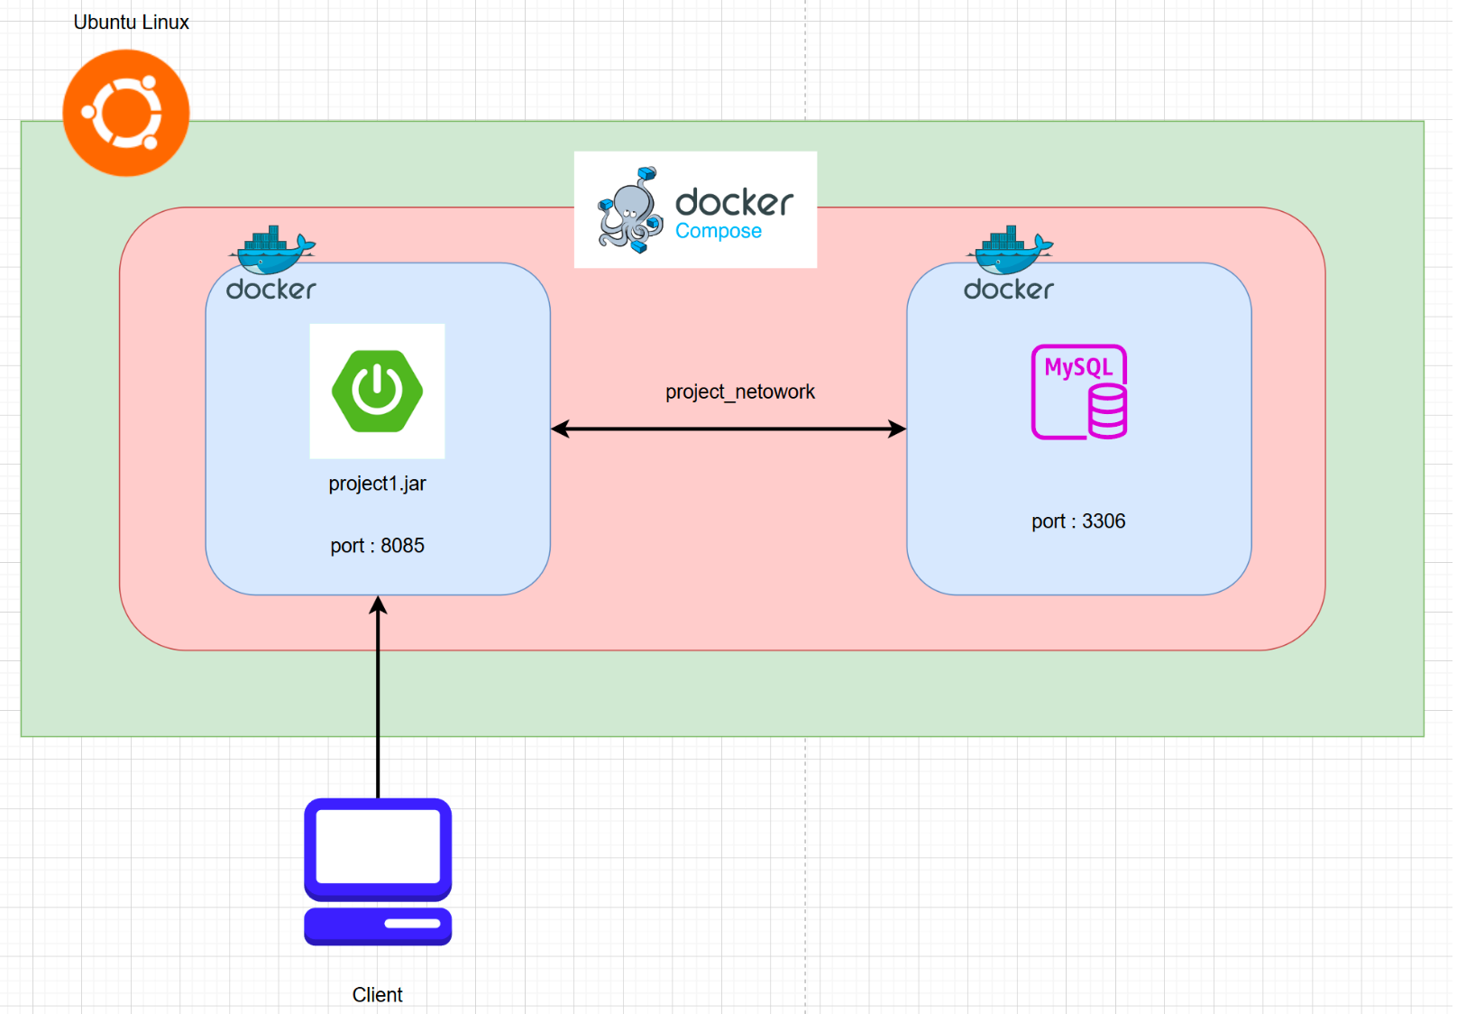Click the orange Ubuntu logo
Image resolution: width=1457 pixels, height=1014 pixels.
126,113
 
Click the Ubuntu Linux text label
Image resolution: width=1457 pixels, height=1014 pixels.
131,23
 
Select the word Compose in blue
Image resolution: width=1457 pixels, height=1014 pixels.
719,232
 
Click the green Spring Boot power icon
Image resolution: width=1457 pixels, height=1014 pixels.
377,391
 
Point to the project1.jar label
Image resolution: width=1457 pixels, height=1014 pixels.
377,484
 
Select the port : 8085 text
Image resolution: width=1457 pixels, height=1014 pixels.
377,546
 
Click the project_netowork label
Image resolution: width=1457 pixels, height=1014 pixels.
739,392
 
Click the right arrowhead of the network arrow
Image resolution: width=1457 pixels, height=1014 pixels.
897,429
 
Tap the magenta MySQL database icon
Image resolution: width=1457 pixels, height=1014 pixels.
1079,392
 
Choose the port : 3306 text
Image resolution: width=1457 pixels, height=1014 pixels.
1078,521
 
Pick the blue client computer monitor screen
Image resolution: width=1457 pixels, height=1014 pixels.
378,846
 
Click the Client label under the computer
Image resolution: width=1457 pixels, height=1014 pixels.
377,995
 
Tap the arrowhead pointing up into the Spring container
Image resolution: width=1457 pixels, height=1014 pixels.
378,605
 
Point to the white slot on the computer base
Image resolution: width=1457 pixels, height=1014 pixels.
412,924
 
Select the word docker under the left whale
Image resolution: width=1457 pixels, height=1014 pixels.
271,290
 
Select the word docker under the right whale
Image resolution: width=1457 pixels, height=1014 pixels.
1009,290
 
